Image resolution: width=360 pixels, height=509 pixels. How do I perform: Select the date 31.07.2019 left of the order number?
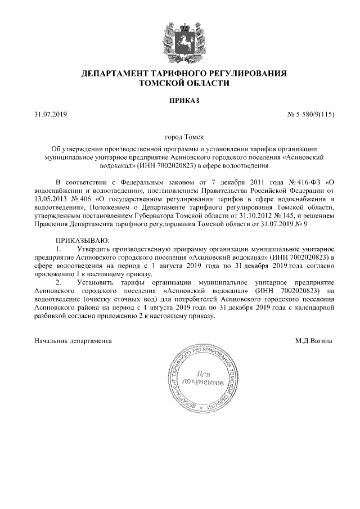50,115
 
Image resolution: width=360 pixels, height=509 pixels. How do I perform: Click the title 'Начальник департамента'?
73,340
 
